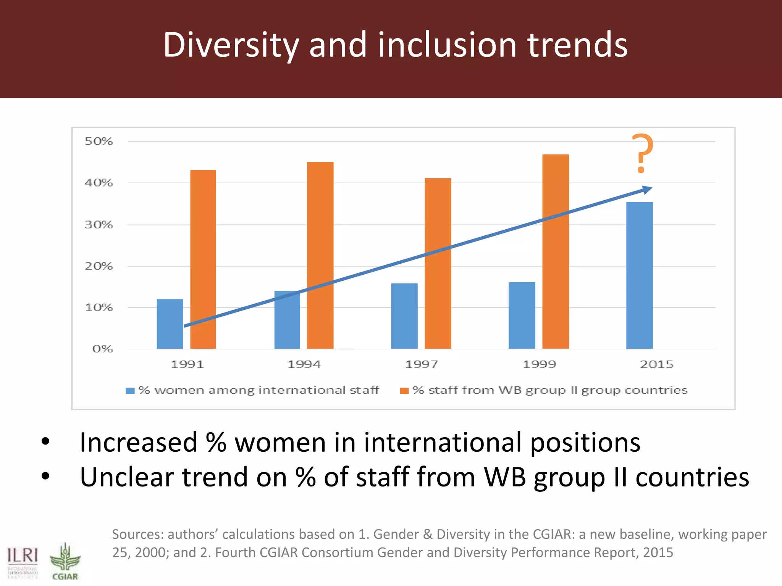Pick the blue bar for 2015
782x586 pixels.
coord(639,275)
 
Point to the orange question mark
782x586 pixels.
coord(642,153)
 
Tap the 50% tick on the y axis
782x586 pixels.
coord(99,142)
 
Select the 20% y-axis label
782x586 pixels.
coord(99,266)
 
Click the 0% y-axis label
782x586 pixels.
coord(102,349)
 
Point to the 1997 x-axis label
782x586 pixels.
coord(421,364)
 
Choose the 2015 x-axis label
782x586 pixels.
coord(656,364)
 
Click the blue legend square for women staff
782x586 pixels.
coord(130,390)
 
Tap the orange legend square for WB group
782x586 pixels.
coord(404,390)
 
